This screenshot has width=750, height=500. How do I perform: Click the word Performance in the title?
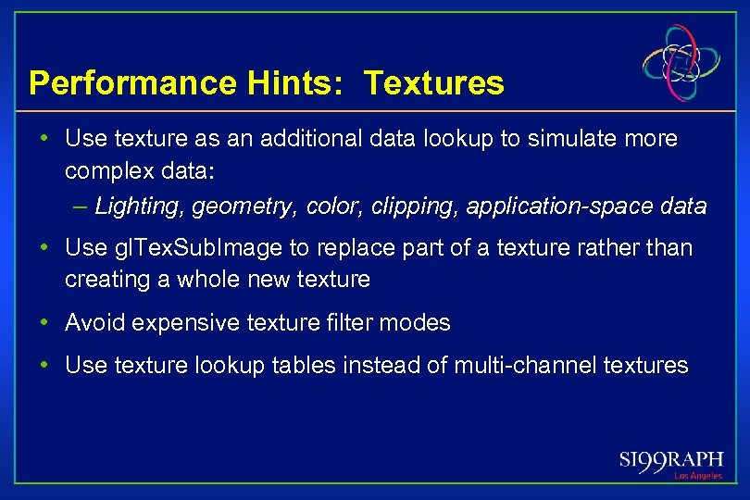[x=131, y=84]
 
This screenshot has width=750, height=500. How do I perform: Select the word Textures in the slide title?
[x=434, y=84]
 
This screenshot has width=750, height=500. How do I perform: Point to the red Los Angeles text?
[x=698, y=476]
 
